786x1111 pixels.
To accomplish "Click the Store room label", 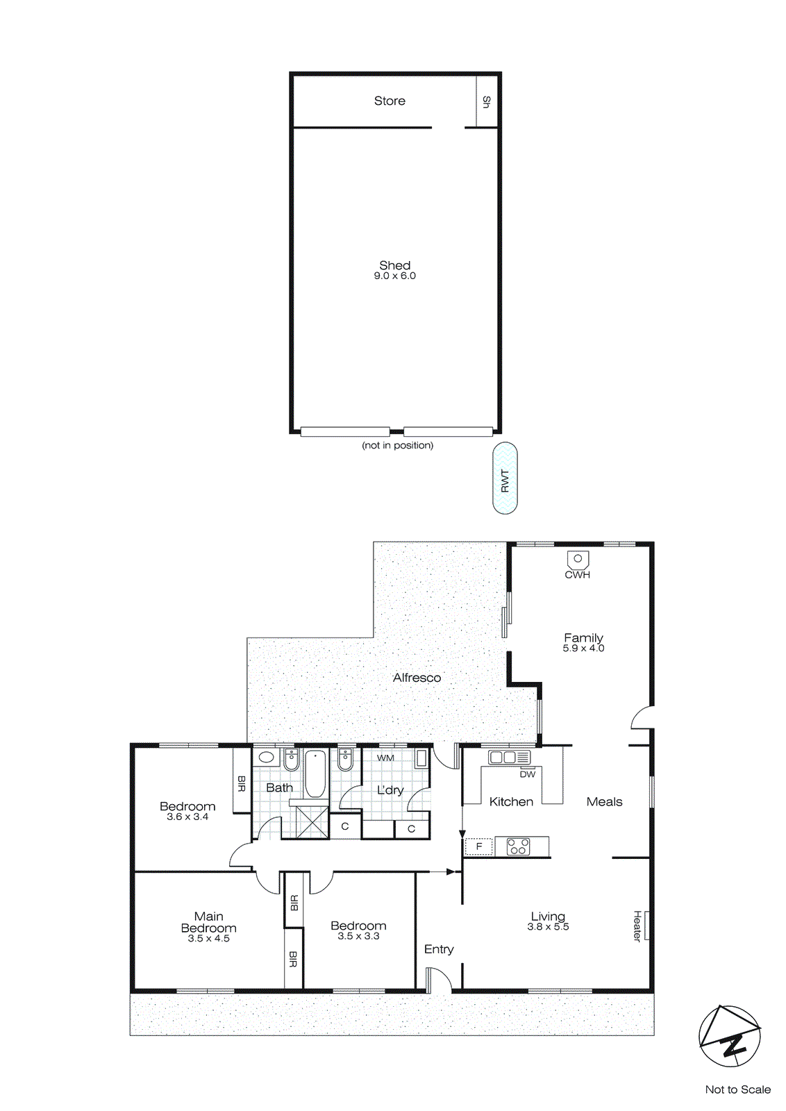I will (390, 101).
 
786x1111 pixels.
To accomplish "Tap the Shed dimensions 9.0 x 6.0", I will (394, 276).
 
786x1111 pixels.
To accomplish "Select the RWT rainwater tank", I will (505, 479).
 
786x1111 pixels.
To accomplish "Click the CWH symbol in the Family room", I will (578, 560).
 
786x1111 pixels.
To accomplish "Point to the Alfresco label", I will (417, 678).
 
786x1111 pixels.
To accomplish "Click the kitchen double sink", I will (509, 757).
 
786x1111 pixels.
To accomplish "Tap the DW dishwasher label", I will (528, 774).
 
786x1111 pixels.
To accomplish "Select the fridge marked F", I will (478, 846).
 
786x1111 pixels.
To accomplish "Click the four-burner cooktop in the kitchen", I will (518, 846).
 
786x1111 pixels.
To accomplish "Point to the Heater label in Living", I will (637, 926).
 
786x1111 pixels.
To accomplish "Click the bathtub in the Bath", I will (315, 774).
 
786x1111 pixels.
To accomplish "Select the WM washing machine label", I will (385, 758).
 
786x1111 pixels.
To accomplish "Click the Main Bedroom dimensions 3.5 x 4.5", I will (208, 939).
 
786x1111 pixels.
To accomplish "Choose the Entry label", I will (439, 949).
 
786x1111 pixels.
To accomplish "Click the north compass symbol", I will (730, 1036).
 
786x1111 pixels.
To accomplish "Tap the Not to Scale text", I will (737, 1089).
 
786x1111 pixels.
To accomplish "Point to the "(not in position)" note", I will (397, 445).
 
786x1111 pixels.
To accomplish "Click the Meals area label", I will (604, 802).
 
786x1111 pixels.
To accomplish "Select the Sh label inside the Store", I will (487, 102).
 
